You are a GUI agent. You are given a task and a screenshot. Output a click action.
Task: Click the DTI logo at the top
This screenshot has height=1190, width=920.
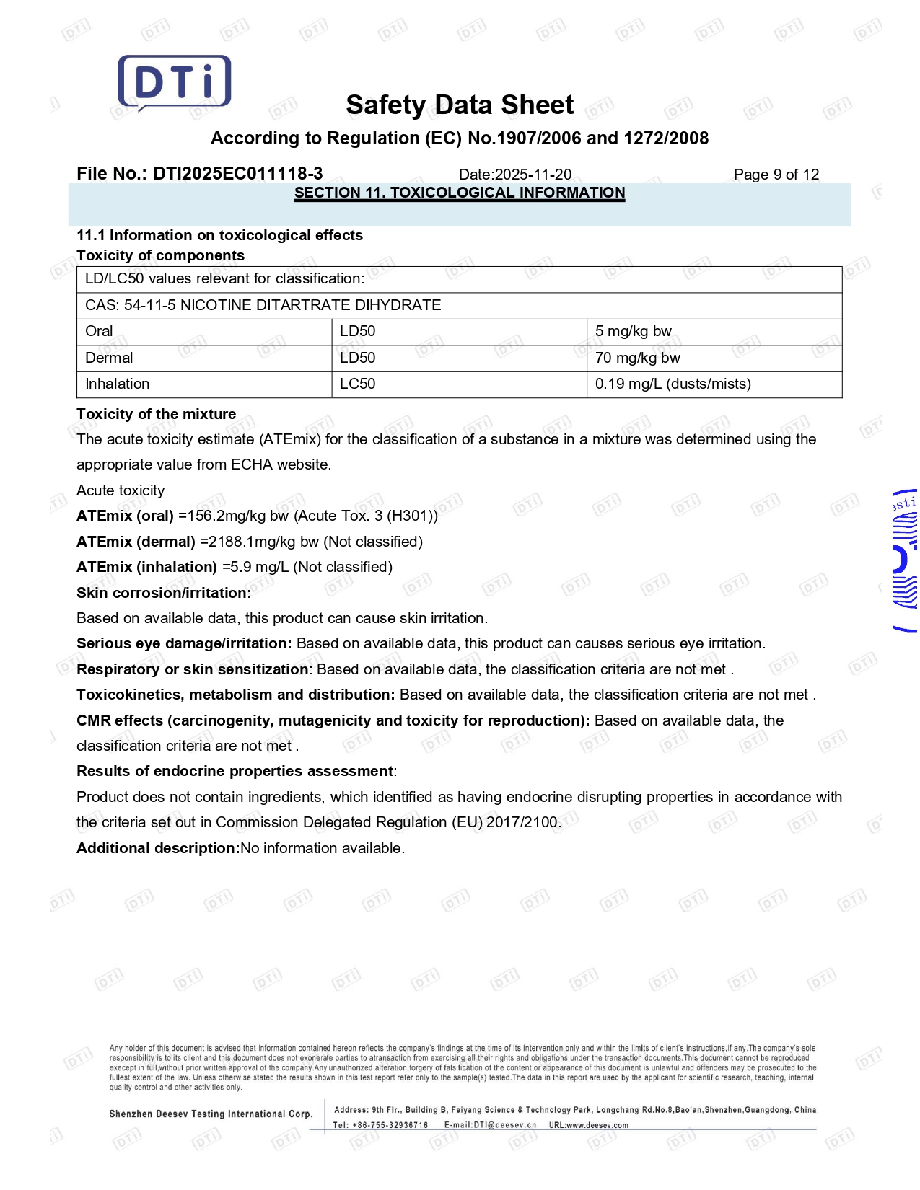[x=175, y=82]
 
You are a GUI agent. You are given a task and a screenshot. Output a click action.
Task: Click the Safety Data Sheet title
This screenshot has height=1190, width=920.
[x=460, y=105]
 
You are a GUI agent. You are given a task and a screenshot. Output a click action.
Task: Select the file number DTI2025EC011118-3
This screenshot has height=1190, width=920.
[x=237, y=174]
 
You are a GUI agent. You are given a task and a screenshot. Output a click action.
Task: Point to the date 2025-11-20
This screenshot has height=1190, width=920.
[x=533, y=175]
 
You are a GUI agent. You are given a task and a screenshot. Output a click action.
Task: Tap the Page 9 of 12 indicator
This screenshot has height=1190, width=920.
[x=776, y=175]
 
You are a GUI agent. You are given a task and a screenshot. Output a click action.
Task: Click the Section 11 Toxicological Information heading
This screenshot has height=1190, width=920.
[x=460, y=193]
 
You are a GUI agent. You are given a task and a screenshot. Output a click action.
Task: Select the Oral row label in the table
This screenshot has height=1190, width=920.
[x=99, y=331]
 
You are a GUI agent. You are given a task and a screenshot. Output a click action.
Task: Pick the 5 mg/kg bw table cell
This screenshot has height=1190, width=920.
[x=633, y=331]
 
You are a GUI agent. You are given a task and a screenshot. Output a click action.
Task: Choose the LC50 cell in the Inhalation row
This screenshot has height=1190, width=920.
[x=357, y=384]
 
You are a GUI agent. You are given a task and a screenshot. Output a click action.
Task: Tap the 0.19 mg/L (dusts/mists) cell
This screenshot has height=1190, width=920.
[x=673, y=384]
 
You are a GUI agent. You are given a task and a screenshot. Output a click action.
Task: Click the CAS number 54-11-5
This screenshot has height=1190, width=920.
[x=150, y=305]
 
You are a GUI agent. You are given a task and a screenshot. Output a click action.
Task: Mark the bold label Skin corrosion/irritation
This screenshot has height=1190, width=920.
[x=164, y=593]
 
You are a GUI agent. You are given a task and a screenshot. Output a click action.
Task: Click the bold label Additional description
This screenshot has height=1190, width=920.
[x=157, y=848]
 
